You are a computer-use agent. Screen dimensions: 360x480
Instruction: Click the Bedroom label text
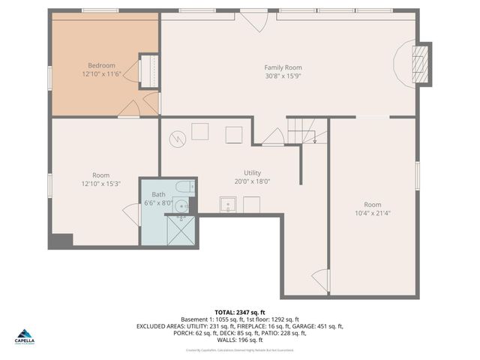pyautogui.click(x=101, y=65)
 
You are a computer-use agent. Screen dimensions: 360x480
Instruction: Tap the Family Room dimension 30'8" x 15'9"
pyautogui.click(x=283, y=76)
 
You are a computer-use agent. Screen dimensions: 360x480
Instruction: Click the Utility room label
pyautogui.click(x=252, y=172)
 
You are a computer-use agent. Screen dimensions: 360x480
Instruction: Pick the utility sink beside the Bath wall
pyautogui.click(x=226, y=204)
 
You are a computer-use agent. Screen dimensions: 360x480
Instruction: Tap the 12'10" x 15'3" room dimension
pyautogui.click(x=100, y=184)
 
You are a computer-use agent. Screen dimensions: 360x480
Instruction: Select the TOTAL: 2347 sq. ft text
pyautogui.click(x=240, y=312)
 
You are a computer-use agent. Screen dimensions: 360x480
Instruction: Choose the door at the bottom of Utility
pyautogui.click(x=322, y=280)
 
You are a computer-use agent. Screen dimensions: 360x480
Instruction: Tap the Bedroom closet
pyautogui.click(x=149, y=70)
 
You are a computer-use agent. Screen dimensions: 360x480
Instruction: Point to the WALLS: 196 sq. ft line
pyautogui.click(x=240, y=340)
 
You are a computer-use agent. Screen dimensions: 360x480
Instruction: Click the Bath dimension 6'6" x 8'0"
pyautogui.click(x=158, y=202)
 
